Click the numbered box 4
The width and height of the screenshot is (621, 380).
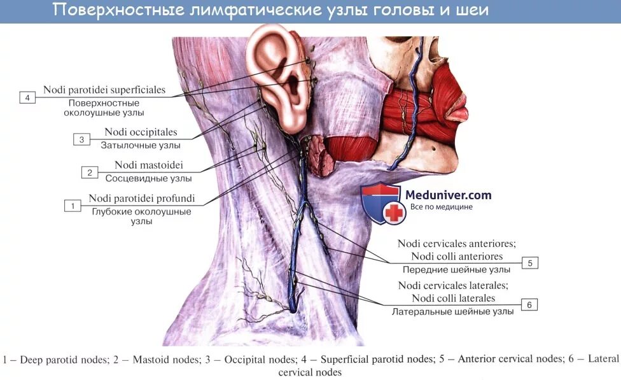[27, 97]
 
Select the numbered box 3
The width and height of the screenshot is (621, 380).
[81, 139]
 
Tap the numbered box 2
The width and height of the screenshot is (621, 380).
[90, 172]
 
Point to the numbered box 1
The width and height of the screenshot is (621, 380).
[73, 206]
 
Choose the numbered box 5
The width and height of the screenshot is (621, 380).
[529, 263]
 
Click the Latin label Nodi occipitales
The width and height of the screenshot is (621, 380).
[141, 132]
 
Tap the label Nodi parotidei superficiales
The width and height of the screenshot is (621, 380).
[104, 90]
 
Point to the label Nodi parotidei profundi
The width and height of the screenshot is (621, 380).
[141, 199]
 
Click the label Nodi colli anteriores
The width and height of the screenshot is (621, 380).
[457, 257]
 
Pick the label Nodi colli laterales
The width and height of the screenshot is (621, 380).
[453, 298]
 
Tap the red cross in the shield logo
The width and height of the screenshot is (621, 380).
[394, 213]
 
